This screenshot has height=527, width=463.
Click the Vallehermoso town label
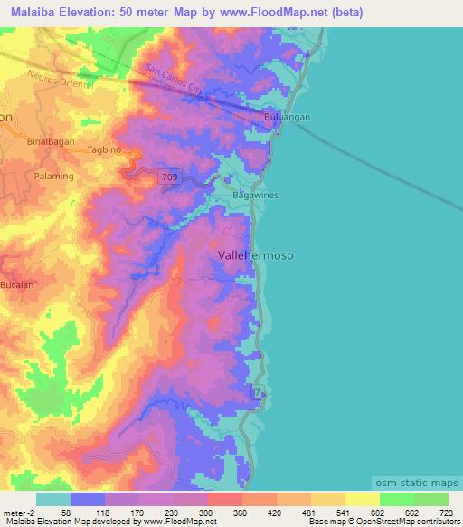pos(256,256)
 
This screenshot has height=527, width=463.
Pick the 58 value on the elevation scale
pos(65,513)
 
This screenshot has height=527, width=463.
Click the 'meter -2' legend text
pos(18,513)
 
